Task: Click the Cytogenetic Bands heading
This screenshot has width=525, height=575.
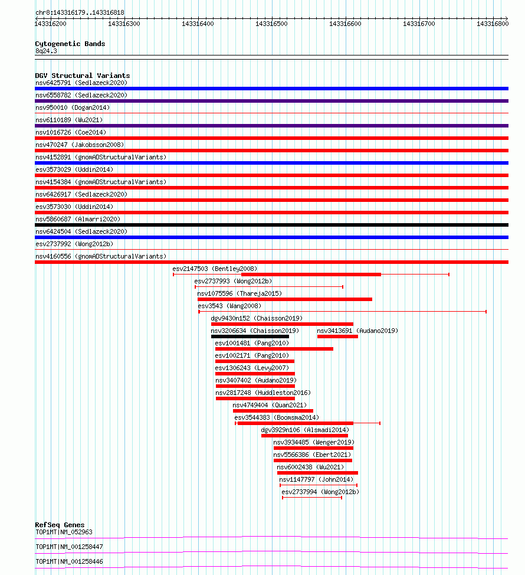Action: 70,44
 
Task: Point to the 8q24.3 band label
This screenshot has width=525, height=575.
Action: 46,51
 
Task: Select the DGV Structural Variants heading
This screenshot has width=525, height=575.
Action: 83,76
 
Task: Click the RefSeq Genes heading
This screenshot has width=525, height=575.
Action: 60,525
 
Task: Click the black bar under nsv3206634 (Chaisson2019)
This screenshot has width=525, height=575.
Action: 250,336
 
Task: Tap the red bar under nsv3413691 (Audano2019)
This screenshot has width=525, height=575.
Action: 337,336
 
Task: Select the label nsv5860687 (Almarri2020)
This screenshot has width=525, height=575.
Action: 78,219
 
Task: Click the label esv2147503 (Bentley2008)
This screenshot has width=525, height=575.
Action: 215,269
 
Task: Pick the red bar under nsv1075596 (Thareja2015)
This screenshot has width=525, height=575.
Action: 284,299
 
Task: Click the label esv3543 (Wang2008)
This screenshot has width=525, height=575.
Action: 229,306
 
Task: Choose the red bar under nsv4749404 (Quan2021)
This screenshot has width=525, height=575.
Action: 273,411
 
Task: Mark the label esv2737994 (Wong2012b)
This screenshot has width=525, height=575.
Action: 320,492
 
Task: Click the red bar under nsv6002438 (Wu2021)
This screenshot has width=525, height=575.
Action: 317,473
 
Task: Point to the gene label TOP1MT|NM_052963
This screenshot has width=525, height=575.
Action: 64,532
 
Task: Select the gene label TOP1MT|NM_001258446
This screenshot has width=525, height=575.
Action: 69,561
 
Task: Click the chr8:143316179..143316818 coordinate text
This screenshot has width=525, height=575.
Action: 80,12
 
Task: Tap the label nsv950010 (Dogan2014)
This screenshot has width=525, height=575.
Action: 73,107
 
